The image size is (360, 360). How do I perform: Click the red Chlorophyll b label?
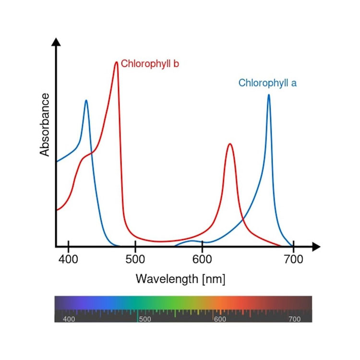coord(150,64)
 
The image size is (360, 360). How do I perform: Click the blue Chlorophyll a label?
coord(267,83)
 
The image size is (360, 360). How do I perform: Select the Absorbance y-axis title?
coord(45,125)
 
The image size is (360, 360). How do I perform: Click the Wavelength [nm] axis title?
coord(180,279)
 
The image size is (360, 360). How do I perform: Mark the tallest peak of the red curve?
coord(116,62)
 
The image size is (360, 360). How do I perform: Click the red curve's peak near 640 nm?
coord(230,144)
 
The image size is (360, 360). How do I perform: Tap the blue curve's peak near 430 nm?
coord(86,100)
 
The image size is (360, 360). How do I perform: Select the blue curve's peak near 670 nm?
coord(268,95)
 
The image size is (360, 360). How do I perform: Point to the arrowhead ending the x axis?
coord(316,247)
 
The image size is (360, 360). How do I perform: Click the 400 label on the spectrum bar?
coord(69,319)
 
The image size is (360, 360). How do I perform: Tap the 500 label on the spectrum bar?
coord(144,319)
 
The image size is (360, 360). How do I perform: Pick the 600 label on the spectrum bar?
coord(220,319)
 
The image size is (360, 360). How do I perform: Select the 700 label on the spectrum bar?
coord(295,319)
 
